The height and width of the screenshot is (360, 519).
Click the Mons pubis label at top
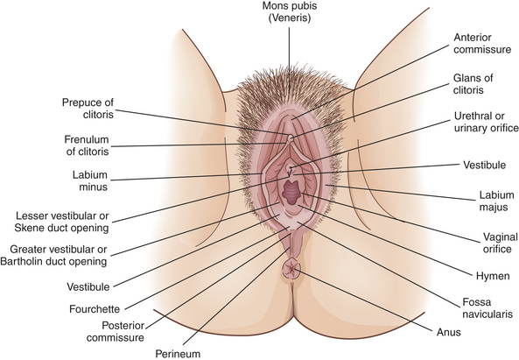[x=290, y=5]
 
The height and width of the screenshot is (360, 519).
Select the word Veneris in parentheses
[x=290, y=18]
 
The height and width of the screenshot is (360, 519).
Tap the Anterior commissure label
[x=482, y=44]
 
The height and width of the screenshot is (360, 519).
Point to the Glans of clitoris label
[x=473, y=84]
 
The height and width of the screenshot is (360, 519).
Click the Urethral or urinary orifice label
[x=486, y=122]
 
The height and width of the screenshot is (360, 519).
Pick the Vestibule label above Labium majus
[x=484, y=165]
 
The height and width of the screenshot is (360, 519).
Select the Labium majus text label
[x=496, y=201]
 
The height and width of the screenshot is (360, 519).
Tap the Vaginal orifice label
[x=500, y=243]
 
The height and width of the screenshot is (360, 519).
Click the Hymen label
[x=493, y=276]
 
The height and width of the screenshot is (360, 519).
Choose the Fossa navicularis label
[x=487, y=307]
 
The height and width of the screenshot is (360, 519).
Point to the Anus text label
[x=448, y=332]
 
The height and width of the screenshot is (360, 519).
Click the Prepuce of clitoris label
[x=88, y=109]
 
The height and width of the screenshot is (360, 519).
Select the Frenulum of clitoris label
[x=87, y=145]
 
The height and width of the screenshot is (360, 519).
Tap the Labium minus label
[x=90, y=180]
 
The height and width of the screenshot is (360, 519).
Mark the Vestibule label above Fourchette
[x=88, y=286]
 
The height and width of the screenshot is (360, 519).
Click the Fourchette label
[x=95, y=309]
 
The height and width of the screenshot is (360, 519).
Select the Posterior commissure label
[x=116, y=331]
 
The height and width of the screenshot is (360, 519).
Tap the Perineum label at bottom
[x=178, y=354]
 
